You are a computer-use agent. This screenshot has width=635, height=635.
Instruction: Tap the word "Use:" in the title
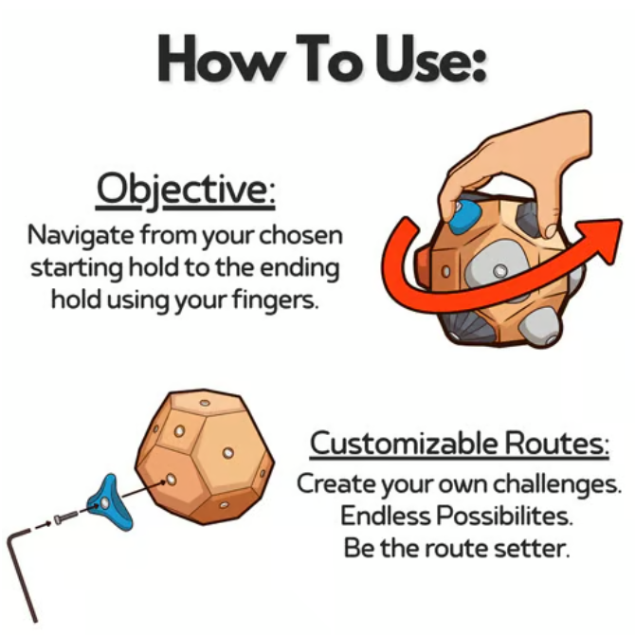pos(430,59)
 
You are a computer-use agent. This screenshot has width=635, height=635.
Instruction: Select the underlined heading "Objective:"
pos(186,190)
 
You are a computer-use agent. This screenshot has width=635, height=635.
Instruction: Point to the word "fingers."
pos(275,301)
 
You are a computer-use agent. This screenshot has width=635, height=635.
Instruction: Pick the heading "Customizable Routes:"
pos(460,444)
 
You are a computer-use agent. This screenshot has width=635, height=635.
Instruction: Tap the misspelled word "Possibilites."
pos(505,516)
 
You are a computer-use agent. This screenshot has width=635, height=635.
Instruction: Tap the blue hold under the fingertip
pos(464,217)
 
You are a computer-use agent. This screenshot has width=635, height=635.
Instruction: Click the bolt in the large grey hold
pos(500,270)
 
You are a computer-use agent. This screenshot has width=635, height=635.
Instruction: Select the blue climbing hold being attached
pos(109,502)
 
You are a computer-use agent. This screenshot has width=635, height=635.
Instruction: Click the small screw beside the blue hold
pos(64,517)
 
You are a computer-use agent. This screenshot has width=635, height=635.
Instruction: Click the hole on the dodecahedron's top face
pos(205,403)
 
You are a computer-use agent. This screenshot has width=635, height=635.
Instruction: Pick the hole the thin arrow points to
pos(172,480)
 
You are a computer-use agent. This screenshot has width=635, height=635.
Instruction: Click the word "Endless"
pos(386,516)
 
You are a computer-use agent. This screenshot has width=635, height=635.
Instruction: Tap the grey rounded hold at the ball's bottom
pos(540,326)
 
